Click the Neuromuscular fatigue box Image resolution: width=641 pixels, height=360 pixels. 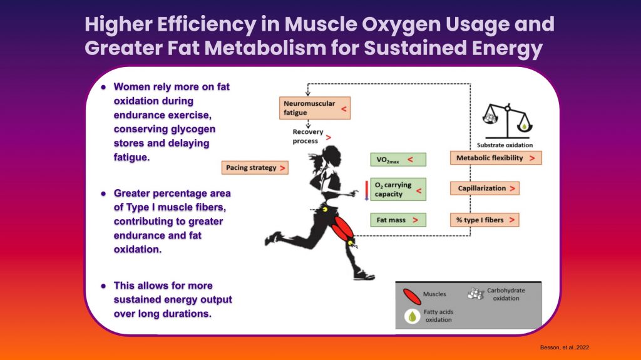pyautogui.click(x=315, y=108)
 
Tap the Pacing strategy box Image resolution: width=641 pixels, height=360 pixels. pyautogui.click(x=255, y=168)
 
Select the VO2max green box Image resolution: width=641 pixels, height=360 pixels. pyautogui.click(x=398, y=160)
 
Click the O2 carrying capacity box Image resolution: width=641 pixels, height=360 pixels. pyautogui.click(x=398, y=190)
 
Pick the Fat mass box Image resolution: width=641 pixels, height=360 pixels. pyautogui.click(x=398, y=220)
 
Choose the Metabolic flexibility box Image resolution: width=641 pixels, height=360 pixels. pyautogui.click(x=496, y=158)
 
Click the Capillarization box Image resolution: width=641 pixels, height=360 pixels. pyautogui.click(x=485, y=188)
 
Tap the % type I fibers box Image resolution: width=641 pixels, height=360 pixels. pyautogui.click(x=485, y=220)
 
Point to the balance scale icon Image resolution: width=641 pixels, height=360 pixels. pyautogui.click(x=507, y=121)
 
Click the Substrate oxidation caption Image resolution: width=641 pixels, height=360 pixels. pyautogui.click(x=505, y=145)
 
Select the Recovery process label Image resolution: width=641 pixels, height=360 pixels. pyautogui.click(x=308, y=136)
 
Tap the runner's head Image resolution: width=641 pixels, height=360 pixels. pyautogui.click(x=331, y=157)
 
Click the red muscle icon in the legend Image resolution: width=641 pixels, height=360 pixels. pyautogui.click(x=412, y=297)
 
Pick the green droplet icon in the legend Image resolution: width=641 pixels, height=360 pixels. pyautogui.click(x=412, y=316)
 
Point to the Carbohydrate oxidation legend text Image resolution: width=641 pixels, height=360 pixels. pyautogui.click(x=506, y=294)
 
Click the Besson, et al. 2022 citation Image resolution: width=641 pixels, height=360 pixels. pyautogui.click(x=565, y=347)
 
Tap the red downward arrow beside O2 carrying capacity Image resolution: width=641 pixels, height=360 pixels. pyautogui.click(x=367, y=190)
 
